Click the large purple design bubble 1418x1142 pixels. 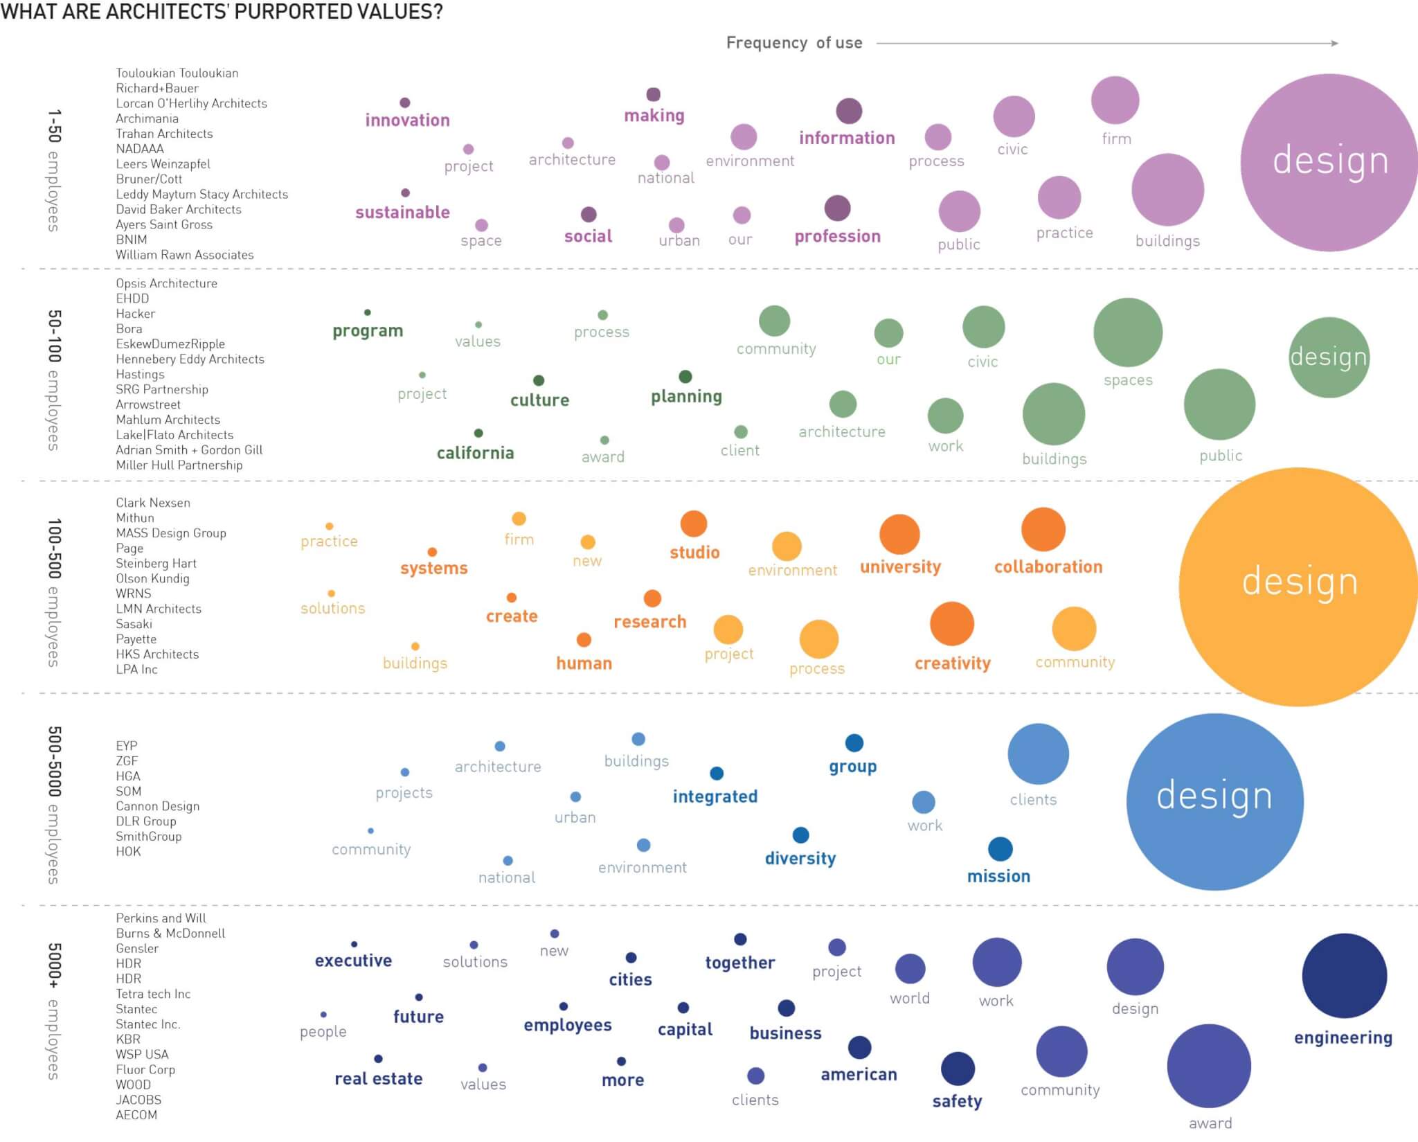tap(1328, 162)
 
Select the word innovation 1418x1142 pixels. tap(407, 121)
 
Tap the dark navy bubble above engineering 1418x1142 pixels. tap(1344, 975)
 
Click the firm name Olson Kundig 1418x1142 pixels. tap(152, 578)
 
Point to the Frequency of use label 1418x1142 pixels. tap(794, 43)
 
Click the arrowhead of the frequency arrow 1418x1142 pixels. tap(1334, 43)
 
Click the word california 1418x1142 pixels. tap(475, 453)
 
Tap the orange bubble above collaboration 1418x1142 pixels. tap(1043, 530)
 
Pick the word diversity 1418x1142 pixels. tap(800, 859)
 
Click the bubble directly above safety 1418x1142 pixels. tap(958, 1069)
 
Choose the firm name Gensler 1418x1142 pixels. tap(137, 948)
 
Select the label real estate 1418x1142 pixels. tap(378, 1078)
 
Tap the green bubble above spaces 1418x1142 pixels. tap(1127, 332)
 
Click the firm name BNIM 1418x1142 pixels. tap(132, 240)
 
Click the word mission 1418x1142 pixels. tap(998, 877)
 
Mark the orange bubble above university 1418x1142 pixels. tap(899, 535)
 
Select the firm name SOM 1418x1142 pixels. tap(129, 791)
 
